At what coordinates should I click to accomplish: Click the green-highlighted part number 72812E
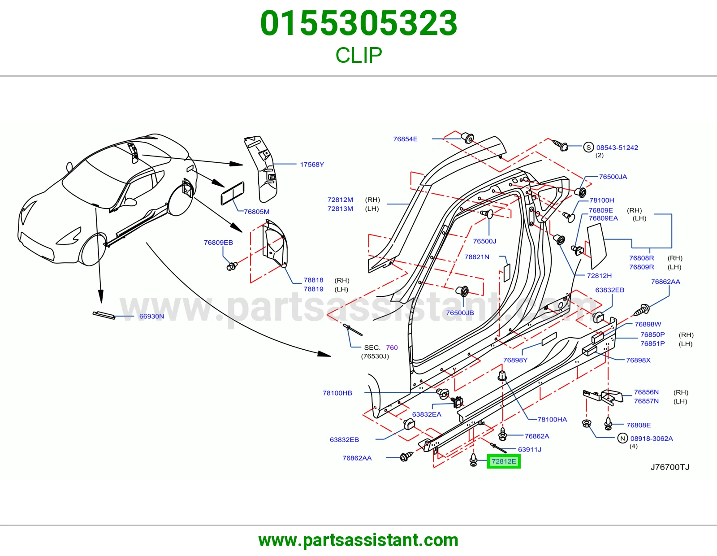pyautogui.click(x=504, y=461)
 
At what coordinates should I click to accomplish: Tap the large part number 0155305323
pyautogui.click(x=358, y=23)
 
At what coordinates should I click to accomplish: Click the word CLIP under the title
pyautogui.click(x=358, y=55)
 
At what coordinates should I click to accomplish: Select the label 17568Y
pyautogui.click(x=312, y=165)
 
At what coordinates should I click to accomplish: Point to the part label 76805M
pyautogui.click(x=257, y=212)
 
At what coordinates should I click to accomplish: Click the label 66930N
pyautogui.click(x=151, y=316)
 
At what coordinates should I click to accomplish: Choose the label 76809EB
pyautogui.click(x=218, y=242)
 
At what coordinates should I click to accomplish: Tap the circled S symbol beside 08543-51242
pyautogui.click(x=588, y=147)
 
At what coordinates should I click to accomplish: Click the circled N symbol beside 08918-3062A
pyautogui.click(x=622, y=439)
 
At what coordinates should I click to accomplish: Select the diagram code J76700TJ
pyautogui.click(x=670, y=467)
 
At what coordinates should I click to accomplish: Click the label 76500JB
pyautogui.click(x=460, y=313)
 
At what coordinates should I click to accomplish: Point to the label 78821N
pyautogui.click(x=477, y=257)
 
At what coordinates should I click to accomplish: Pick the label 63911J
pyautogui.click(x=530, y=449)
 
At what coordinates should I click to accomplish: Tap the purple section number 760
pyautogui.click(x=392, y=347)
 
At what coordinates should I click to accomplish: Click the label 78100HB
pyautogui.click(x=337, y=393)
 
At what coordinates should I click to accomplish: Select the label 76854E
pyautogui.click(x=405, y=139)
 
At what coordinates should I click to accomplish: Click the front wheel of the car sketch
pyautogui.click(x=93, y=249)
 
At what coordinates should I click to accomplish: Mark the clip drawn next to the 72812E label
pyautogui.click(x=474, y=460)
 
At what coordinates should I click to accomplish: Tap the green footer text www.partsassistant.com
pyautogui.click(x=358, y=540)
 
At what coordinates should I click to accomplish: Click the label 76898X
pyautogui.click(x=639, y=360)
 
